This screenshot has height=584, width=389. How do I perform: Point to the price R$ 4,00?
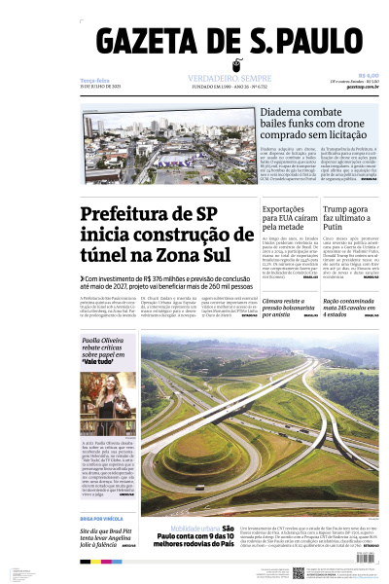click(368, 74)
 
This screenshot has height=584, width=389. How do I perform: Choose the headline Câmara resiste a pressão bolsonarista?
click(289, 306)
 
